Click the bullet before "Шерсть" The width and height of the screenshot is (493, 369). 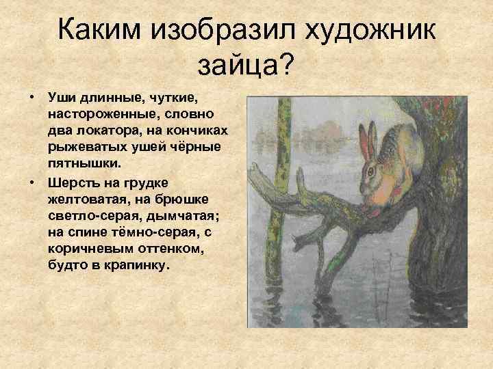pyautogui.click(x=31, y=181)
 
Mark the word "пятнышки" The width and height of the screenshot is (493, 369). pyautogui.click(x=83, y=164)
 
